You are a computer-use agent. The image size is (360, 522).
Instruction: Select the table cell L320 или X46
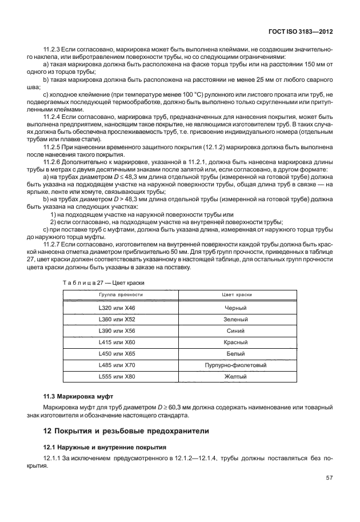click(x=121, y=308)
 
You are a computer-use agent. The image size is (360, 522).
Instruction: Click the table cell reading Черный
click(x=236, y=308)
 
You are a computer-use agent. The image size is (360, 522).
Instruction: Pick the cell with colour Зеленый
click(x=236, y=319)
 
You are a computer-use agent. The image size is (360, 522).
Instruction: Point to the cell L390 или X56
click(x=121, y=330)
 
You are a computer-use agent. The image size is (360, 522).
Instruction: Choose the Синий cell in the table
click(x=236, y=330)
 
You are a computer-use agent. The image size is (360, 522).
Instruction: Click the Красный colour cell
click(x=236, y=342)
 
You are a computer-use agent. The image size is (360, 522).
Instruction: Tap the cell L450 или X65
click(x=121, y=353)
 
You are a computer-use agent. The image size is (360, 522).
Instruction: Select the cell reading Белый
click(x=236, y=353)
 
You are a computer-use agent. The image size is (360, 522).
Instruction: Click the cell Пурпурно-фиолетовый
click(x=236, y=365)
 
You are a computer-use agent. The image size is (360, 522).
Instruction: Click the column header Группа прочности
click(x=121, y=294)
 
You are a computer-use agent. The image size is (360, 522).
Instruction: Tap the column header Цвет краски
click(x=236, y=294)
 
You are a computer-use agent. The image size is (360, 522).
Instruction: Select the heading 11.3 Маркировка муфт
click(x=79, y=396)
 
